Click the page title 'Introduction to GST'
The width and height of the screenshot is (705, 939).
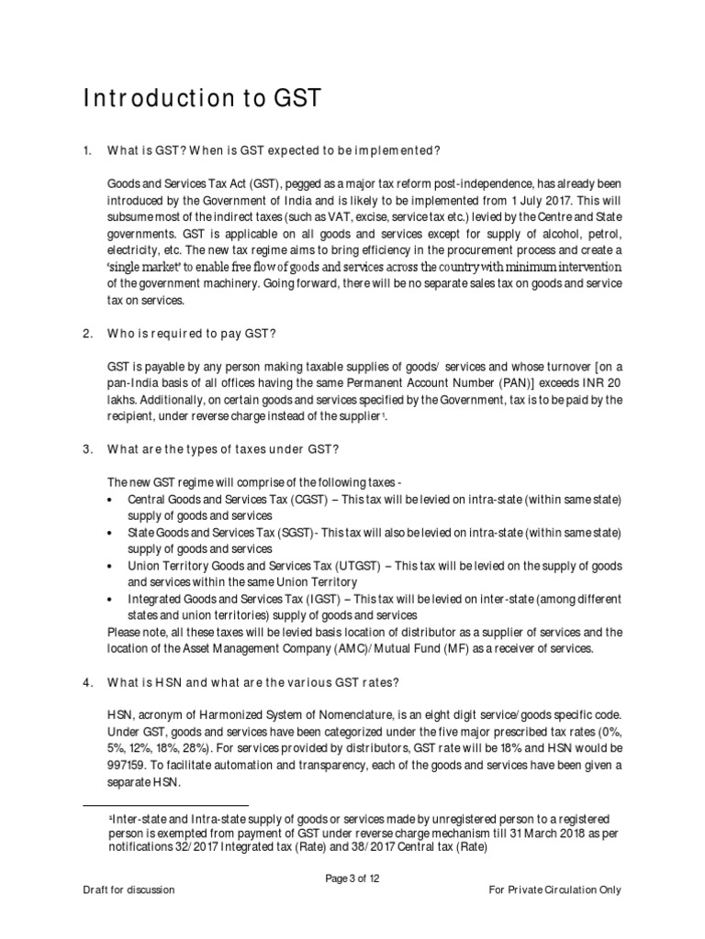point(203,99)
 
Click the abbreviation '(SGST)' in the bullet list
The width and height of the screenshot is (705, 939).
point(285,533)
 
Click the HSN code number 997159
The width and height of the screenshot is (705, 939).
point(129,747)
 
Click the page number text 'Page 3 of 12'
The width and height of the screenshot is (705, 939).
point(352,878)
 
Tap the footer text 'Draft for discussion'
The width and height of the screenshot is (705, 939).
point(126,890)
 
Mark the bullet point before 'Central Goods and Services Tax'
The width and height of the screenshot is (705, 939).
point(112,500)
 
